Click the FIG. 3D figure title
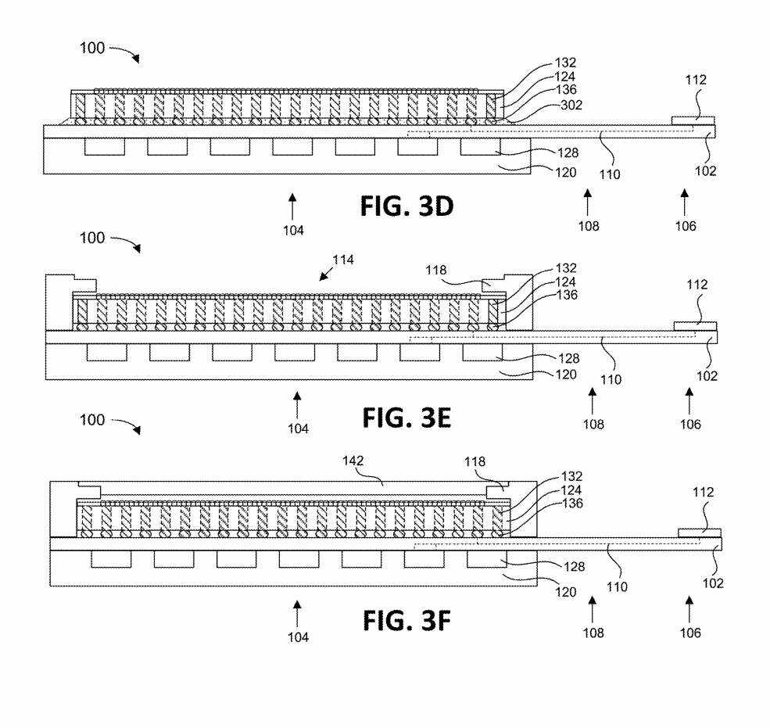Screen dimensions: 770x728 click(x=406, y=206)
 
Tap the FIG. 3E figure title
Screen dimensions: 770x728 click(x=406, y=418)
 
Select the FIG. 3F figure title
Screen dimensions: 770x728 click(x=406, y=620)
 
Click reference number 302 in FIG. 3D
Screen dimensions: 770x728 click(x=571, y=105)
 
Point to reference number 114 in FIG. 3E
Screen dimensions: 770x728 click(x=342, y=260)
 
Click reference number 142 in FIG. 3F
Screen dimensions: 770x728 click(x=353, y=461)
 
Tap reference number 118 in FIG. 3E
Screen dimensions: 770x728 click(x=435, y=271)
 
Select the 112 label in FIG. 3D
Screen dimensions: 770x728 click(x=696, y=80)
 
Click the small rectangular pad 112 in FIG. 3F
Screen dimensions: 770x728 click(x=700, y=533)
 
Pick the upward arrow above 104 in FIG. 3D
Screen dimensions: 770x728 click(x=292, y=206)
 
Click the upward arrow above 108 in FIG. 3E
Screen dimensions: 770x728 click(x=593, y=401)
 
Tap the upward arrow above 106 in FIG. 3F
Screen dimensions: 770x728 click(x=689, y=610)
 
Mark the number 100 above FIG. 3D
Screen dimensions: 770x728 click(x=92, y=48)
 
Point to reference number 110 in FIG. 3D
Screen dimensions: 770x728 click(x=610, y=174)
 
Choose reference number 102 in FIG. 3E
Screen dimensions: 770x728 click(x=707, y=376)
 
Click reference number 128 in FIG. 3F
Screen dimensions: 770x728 click(x=574, y=567)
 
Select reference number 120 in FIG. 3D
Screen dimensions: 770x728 click(x=565, y=172)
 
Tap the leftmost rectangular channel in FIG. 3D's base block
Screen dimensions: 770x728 click(x=105, y=147)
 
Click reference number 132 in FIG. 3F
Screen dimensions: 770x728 click(x=571, y=476)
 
